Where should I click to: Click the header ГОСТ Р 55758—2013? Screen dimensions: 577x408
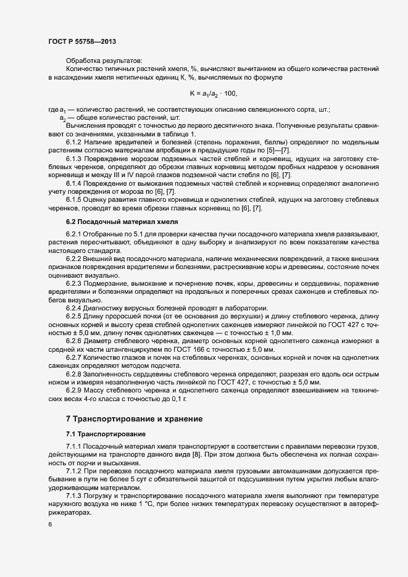coord(81,41)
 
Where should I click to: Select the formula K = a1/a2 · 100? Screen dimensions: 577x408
coord(213,93)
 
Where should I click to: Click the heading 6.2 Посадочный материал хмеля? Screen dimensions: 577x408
coord(114,221)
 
